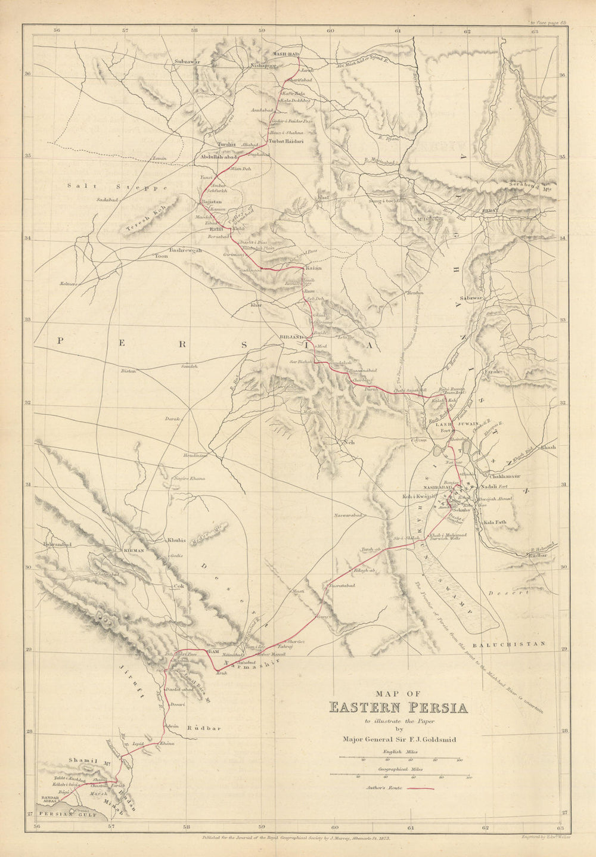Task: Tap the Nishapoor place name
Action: click(x=263, y=66)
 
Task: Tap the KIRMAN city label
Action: click(x=134, y=551)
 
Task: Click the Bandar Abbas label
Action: click(x=51, y=799)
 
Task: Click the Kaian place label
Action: click(x=313, y=268)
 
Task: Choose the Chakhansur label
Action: click(x=505, y=477)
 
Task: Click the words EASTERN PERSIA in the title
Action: click(x=398, y=708)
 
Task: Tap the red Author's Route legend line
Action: click(x=424, y=788)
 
